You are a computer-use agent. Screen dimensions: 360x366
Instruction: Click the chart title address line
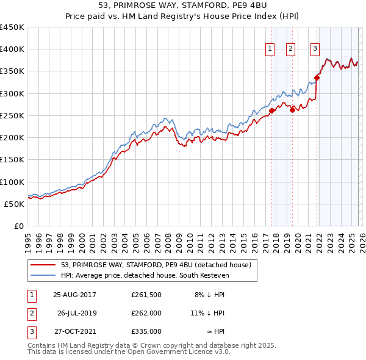182,6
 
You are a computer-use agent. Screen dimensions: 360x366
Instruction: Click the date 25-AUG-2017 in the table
74,295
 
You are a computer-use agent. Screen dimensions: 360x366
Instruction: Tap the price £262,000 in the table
146,313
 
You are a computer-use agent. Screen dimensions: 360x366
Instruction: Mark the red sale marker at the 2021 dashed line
317,77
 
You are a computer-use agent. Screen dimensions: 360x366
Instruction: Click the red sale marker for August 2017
272,110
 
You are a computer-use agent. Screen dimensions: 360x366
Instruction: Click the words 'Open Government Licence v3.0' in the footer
177,353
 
